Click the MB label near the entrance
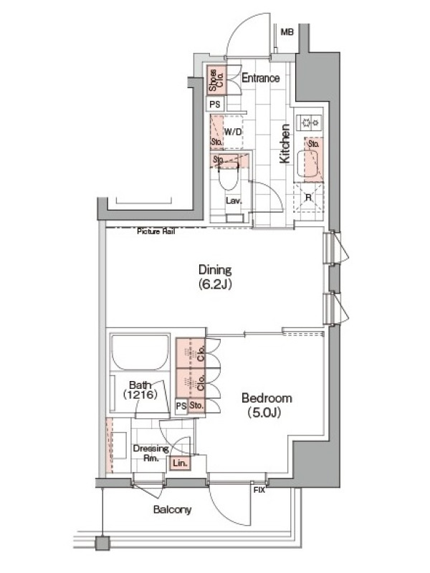(x=287, y=32)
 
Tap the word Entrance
(x=261, y=78)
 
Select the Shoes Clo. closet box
(x=216, y=80)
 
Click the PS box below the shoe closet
(x=215, y=105)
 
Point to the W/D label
(x=233, y=132)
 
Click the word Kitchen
(x=285, y=144)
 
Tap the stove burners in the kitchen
(x=310, y=122)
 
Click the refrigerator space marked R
(x=309, y=198)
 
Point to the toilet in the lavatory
(x=228, y=177)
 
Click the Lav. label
(x=234, y=201)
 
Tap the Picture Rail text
(x=156, y=231)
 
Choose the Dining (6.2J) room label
(x=215, y=277)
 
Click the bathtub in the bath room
(x=140, y=352)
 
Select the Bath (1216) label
(x=140, y=390)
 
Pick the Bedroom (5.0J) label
(x=267, y=405)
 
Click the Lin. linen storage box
(x=180, y=463)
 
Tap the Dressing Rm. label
(x=150, y=453)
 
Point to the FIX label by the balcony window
(x=259, y=491)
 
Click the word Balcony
(x=172, y=510)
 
